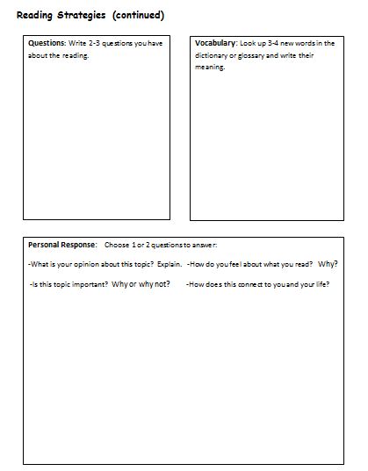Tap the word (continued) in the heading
[139, 14]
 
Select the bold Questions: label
[47, 42]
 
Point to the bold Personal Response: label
[63, 244]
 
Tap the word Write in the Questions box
[77, 42]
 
